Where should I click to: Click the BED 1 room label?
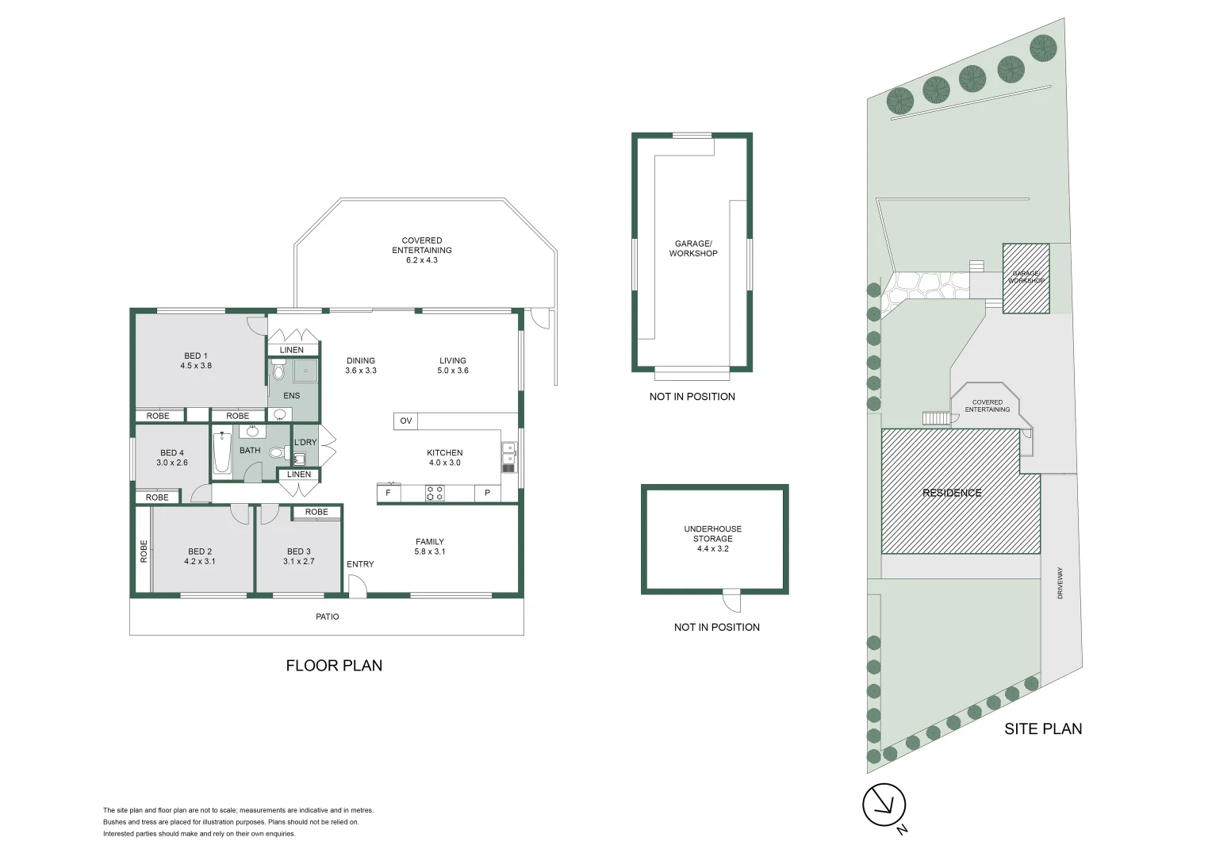(196, 356)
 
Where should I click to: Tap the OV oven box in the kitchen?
(405, 421)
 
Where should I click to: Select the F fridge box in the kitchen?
(388, 494)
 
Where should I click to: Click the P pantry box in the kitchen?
(487, 494)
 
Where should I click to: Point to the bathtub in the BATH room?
(222, 453)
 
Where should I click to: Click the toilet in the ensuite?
(278, 371)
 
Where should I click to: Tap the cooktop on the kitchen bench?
(435, 494)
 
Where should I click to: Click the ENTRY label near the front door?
(360, 564)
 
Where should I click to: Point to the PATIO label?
(327, 617)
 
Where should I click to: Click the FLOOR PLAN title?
(334, 666)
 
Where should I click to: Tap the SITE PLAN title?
(1042, 729)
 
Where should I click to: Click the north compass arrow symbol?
(884, 805)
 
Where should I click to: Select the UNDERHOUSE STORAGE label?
(712, 533)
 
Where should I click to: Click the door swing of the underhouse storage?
(731, 602)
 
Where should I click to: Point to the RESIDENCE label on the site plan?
(952, 493)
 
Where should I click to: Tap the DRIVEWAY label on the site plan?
(1060, 582)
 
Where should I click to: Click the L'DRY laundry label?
(305, 443)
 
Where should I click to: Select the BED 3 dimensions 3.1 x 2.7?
(298, 561)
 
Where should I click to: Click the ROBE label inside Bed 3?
(316, 512)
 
